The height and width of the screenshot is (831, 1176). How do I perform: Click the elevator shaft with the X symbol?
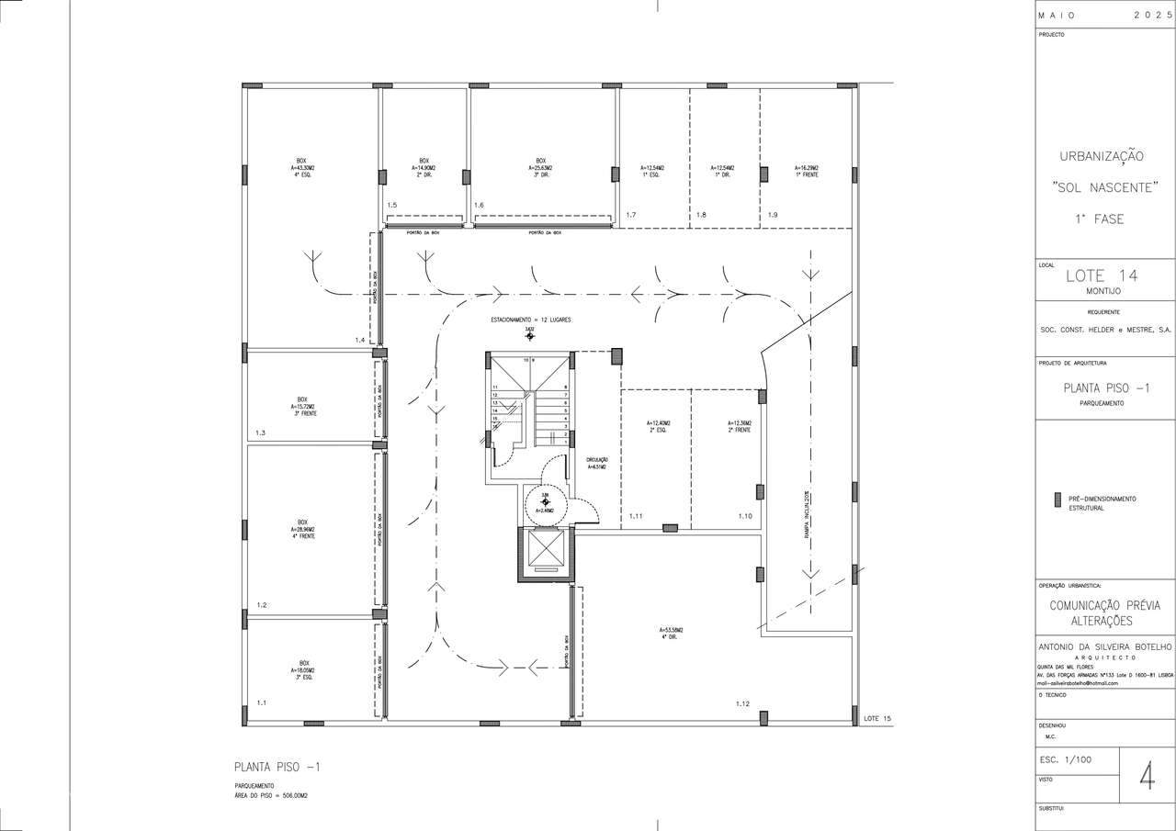pos(546,553)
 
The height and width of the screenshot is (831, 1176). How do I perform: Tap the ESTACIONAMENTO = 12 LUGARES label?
pos(531,319)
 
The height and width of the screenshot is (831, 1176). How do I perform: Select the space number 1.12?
pos(743,703)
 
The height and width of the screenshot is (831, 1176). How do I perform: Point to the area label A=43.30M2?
pos(303,168)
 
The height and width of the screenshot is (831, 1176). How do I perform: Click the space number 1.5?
pos(391,205)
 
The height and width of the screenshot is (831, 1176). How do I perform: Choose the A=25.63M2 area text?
pos(540,168)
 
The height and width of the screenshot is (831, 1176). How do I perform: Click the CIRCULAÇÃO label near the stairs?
pos(597,459)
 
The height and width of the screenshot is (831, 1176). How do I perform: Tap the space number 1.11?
pos(636,516)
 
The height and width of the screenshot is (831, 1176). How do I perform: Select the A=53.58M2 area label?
pos(670,629)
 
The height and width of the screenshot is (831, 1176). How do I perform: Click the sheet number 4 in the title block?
pos(1147,775)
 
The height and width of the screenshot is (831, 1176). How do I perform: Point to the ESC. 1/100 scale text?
pos(1061,760)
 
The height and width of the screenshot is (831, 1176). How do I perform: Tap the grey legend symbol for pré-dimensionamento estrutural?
pos(1057,500)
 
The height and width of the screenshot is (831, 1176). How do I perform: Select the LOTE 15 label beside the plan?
pos(877,718)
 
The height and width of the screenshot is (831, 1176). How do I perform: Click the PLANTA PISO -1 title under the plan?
pos(277,767)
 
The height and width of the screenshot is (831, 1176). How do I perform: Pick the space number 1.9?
pos(773,214)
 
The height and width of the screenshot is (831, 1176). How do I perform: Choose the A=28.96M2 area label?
pos(302,530)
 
